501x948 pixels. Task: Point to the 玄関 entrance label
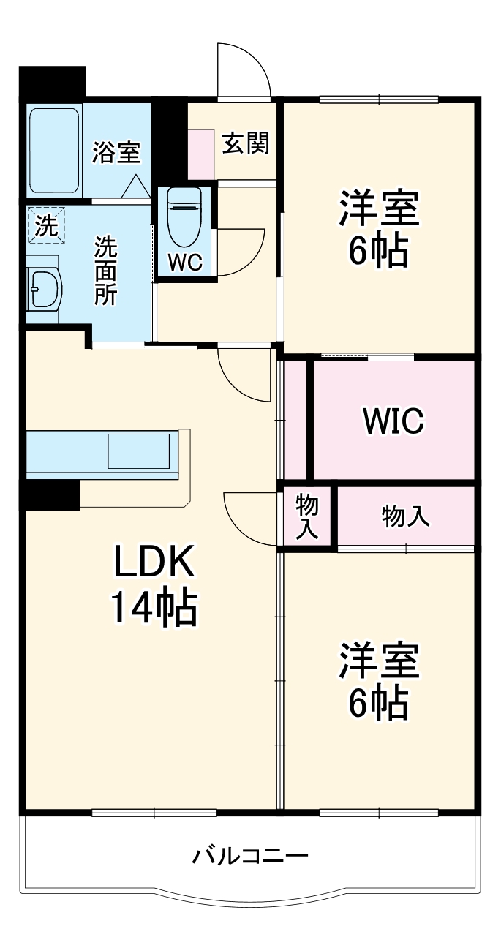coord(246,143)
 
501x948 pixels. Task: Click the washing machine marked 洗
coord(46,225)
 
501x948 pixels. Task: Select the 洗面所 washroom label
coord(106,270)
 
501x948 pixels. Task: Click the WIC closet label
coord(393,421)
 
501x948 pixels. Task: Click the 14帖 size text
coord(153,607)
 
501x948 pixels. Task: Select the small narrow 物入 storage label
coord(307,516)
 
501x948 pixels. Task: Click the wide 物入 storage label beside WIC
coord(405,516)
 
